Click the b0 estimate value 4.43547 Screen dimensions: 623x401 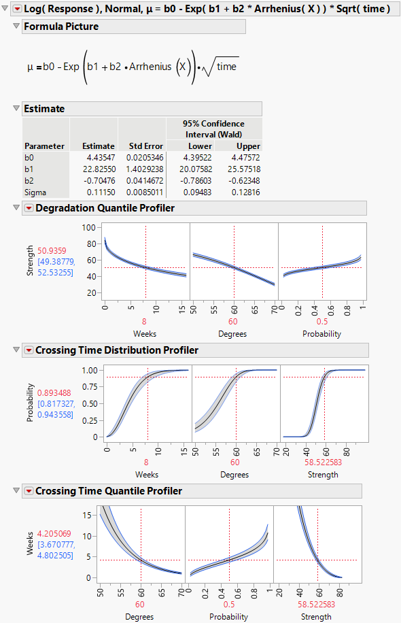pos(99,158)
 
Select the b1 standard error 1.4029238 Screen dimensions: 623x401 pos(143,169)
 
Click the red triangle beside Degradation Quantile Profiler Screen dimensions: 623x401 pos(28,208)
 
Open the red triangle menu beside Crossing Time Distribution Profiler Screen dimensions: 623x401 pos(28,350)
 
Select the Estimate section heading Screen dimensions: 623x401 pos(44,109)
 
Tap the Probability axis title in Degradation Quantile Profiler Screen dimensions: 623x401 pos(321,334)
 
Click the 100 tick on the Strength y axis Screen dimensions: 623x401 pos(89,228)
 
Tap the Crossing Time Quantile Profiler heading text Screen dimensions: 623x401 pos(109,491)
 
